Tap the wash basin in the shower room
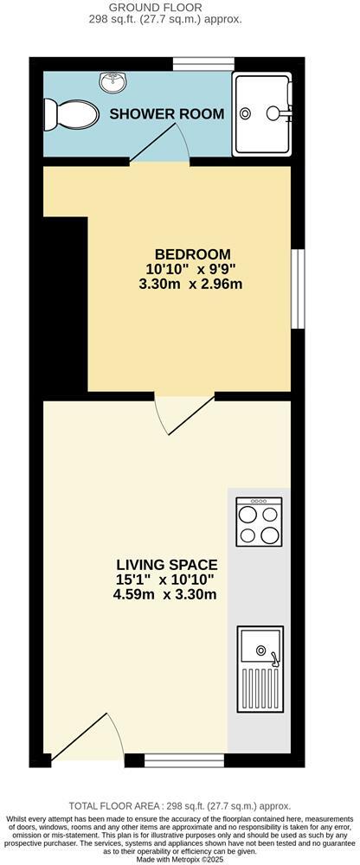coord(113,83)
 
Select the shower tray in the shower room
coord(263,112)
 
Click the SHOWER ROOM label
coord(167,113)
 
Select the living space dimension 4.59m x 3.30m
coord(164,594)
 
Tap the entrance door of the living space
coord(87,740)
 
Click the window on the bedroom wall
coord(297,290)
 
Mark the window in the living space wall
coord(184,760)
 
